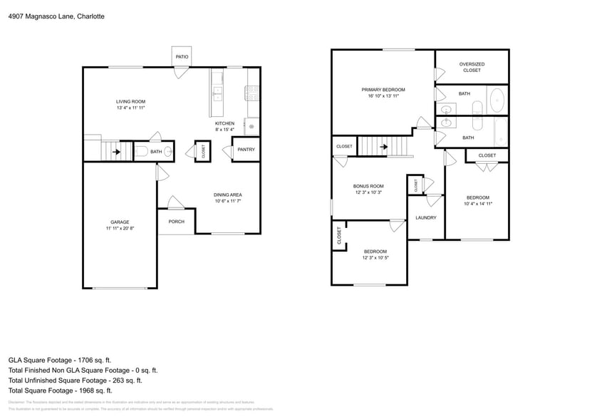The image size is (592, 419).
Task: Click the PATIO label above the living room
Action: [182, 55]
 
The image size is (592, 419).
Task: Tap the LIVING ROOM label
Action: [130, 102]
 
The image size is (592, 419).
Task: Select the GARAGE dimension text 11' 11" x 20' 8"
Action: [119, 229]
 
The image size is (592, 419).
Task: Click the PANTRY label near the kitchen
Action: [246, 150]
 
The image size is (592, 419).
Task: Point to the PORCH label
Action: [176, 222]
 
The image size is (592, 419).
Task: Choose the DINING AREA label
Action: [228, 195]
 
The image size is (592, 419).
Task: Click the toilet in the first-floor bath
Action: [140, 151]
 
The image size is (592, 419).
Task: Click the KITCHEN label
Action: [224, 123]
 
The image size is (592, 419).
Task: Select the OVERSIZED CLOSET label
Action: [472, 67]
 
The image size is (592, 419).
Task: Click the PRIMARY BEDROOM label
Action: [383, 90]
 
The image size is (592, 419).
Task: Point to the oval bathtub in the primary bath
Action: [497, 98]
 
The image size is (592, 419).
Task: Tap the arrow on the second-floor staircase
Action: [384, 147]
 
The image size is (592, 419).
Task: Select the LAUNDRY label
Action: [425, 218]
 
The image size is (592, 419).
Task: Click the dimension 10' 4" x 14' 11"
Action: [478, 204]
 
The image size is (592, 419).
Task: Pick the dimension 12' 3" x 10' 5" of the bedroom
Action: [375, 258]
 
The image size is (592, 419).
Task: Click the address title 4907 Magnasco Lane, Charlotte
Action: [56, 16]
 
